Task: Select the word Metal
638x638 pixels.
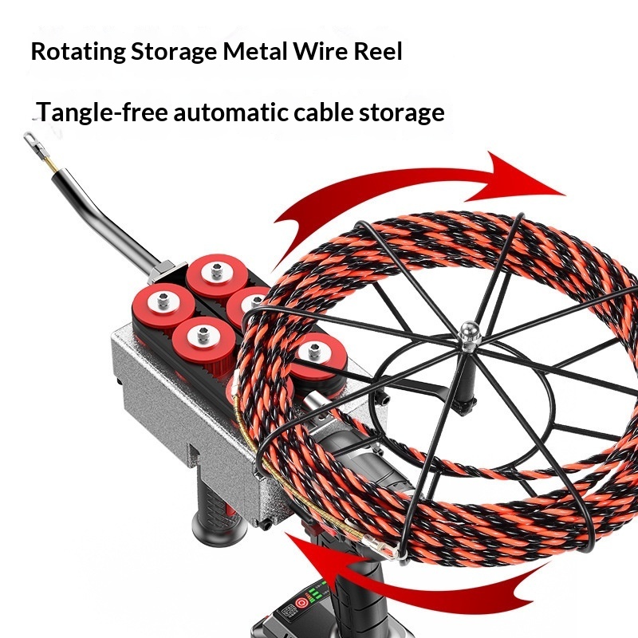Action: click(x=255, y=53)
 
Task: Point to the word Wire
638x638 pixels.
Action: click(x=323, y=53)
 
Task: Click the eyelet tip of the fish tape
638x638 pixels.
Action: click(x=33, y=140)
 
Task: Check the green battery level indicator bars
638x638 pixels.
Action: click(x=317, y=594)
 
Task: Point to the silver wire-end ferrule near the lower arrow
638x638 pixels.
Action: click(x=376, y=548)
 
